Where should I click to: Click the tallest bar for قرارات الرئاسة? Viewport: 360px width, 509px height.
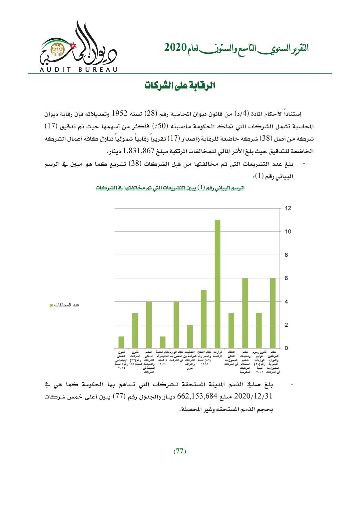[217, 284]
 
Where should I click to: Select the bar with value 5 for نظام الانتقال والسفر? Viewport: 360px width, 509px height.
[204, 319]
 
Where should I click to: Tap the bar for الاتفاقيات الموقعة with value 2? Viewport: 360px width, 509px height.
[190, 336]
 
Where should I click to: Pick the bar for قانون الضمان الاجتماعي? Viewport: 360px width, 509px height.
[121, 342]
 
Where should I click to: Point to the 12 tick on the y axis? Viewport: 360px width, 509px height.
[288, 208]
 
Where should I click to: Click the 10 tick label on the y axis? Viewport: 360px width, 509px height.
[288, 231]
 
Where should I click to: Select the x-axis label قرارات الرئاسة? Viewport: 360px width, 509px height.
[217, 354]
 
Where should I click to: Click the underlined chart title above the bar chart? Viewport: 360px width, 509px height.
[170, 188]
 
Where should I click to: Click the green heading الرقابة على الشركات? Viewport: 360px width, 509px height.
[180, 86]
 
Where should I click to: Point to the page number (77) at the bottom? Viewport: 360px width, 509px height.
[180, 451]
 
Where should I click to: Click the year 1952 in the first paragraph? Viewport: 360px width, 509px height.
[119, 114]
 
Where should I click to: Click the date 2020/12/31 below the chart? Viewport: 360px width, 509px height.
[253, 396]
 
